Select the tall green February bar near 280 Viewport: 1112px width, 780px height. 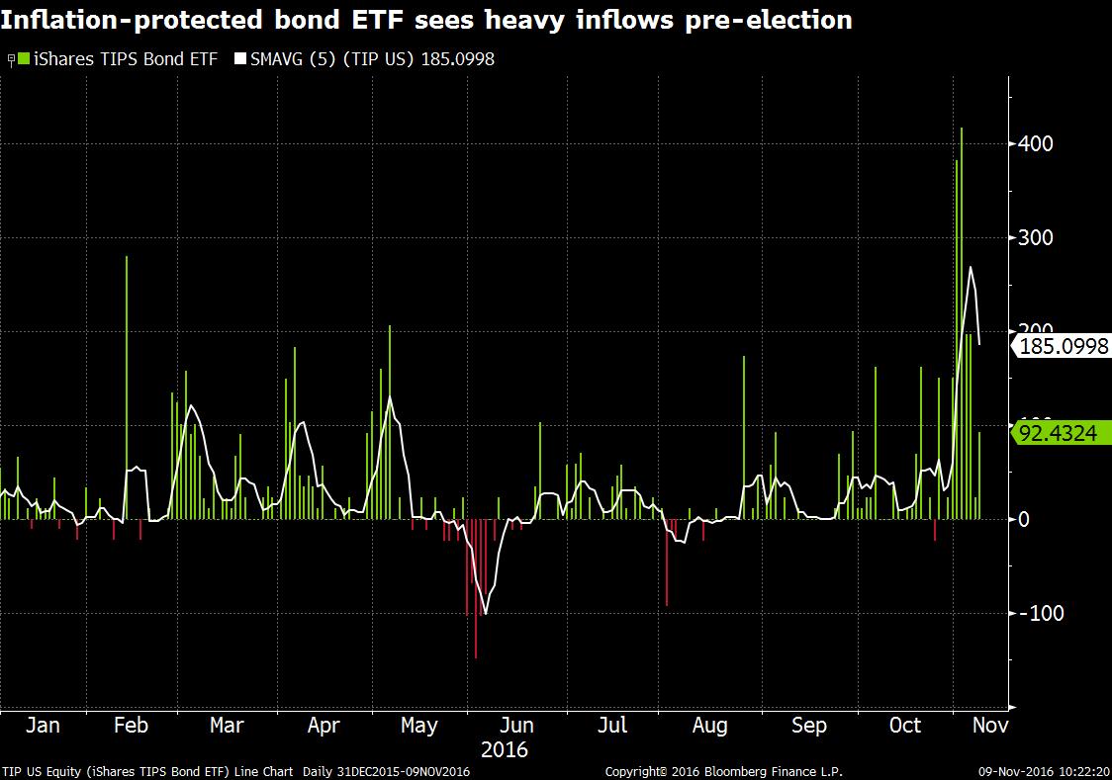[x=127, y=386]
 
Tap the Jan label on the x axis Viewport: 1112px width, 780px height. [x=43, y=726]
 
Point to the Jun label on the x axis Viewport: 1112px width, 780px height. [x=516, y=726]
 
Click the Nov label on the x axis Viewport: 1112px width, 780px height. [x=990, y=726]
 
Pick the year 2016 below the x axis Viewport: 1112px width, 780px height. [x=505, y=750]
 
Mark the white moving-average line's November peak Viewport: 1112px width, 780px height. [x=971, y=267]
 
